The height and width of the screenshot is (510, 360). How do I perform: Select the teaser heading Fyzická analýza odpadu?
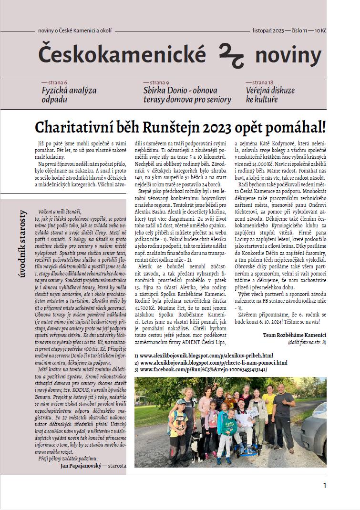point(69,95)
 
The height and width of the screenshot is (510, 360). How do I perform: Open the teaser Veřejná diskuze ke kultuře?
point(270,95)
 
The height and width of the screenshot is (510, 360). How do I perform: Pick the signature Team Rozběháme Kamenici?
point(294,335)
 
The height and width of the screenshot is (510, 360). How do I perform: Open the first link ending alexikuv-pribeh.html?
point(204,356)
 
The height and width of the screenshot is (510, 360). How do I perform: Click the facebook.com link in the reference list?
point(201,369)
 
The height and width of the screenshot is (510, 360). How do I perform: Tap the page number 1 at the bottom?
point(325,486)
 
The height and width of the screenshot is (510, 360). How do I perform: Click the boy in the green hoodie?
point(230,434)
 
